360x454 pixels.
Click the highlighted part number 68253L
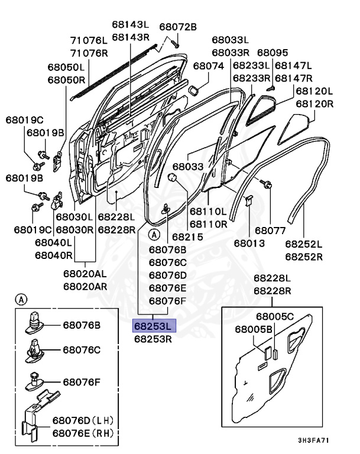[153, 326]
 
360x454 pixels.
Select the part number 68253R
[153, 339]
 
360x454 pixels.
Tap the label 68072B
[177, 27]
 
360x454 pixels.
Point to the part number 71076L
[89, 41]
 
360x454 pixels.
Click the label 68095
[273, 53]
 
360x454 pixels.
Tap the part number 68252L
[303, 244]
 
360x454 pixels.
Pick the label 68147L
[293, 66]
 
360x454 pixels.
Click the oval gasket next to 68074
[192, 89]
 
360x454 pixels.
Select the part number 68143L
[130, 24]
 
